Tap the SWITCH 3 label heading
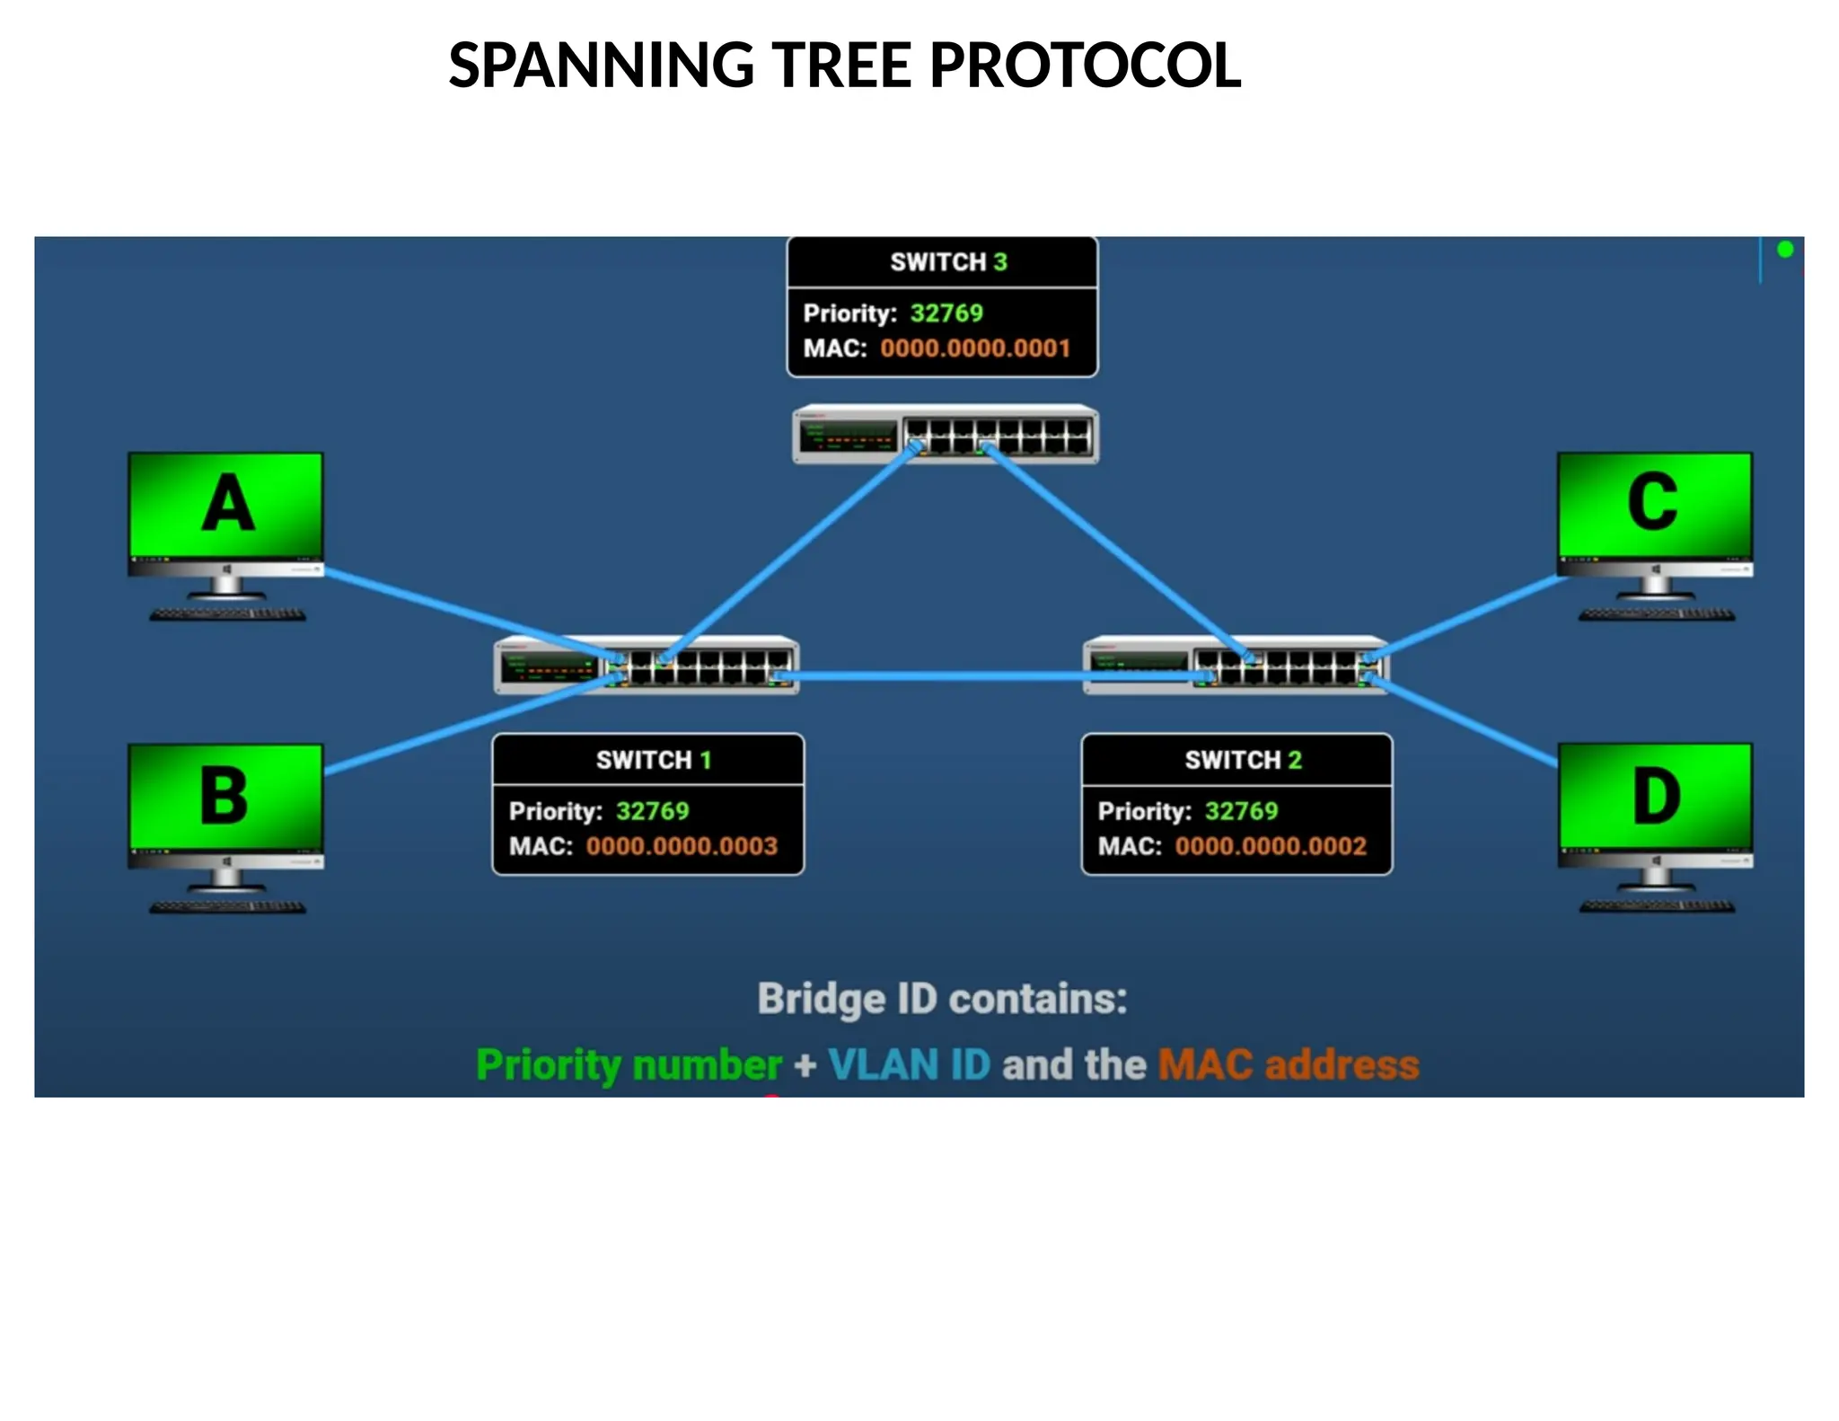(947, 261)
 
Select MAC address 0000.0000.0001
(975, 348)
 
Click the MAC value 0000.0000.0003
(682, 845)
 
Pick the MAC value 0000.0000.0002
(1271, 845)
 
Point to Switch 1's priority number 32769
(652, 810)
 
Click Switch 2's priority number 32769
(1241, 810)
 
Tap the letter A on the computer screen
(227, 504)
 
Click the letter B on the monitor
(224, 796)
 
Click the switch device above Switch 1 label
(647, 666)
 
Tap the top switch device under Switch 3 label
(945, 435)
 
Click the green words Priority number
(629, 1064)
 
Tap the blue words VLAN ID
(909, 1064)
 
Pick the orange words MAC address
(1288, 1064)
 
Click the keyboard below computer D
(1656, 906)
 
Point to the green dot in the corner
(1785, 250)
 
